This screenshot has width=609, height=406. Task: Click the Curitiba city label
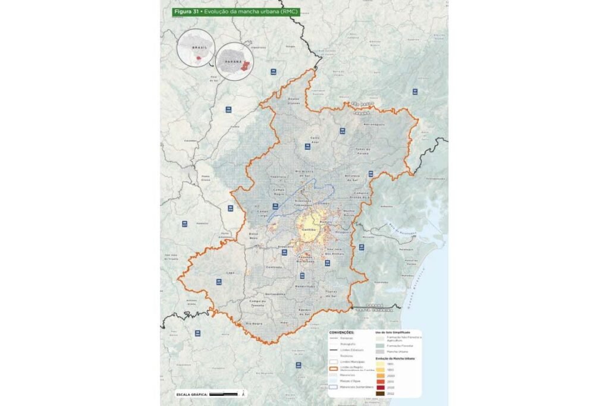click(x=309, y=231)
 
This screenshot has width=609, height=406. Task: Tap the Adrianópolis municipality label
click(x=375, y=124)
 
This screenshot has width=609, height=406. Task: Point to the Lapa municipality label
click(x=231, y=273)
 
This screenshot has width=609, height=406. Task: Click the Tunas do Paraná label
click(x=362, y=150)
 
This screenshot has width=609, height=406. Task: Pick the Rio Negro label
click(x=254, y=323)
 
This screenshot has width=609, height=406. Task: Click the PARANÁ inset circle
click(x=236, y=61)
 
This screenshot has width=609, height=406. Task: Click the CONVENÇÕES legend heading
click(x=341, y=333)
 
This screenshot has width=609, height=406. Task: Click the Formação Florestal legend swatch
click(x=379, y=345)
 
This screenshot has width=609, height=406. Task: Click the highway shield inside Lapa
click(x=219, y=281)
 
